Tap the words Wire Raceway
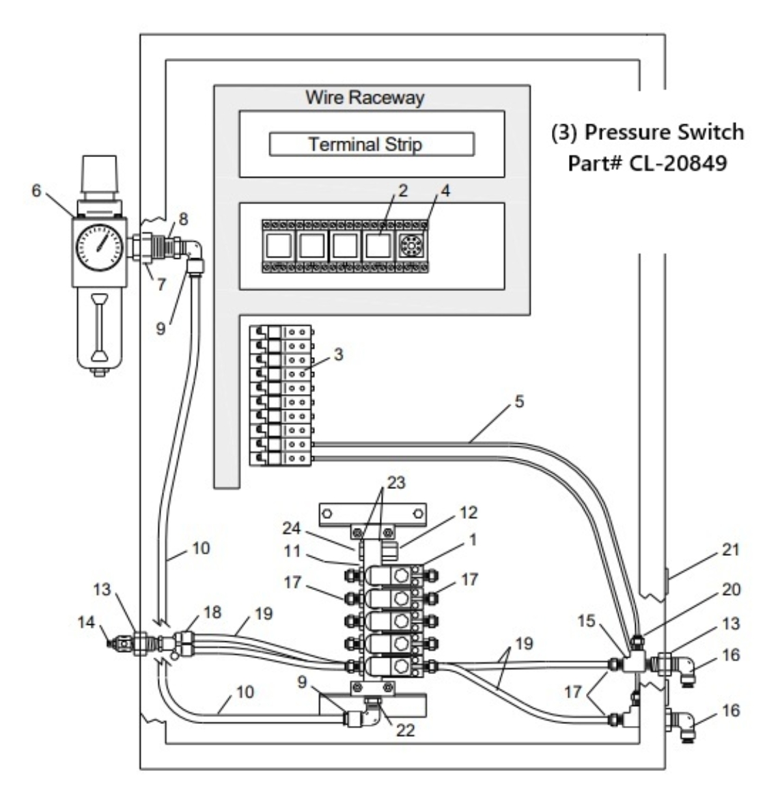[364, 97]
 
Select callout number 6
[36, 191]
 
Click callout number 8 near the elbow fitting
[182, 220]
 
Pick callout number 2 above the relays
[403, 191]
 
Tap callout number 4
[445, 191]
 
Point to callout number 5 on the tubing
[520, 402]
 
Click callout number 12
[469, 512]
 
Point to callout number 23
[396, 483]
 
